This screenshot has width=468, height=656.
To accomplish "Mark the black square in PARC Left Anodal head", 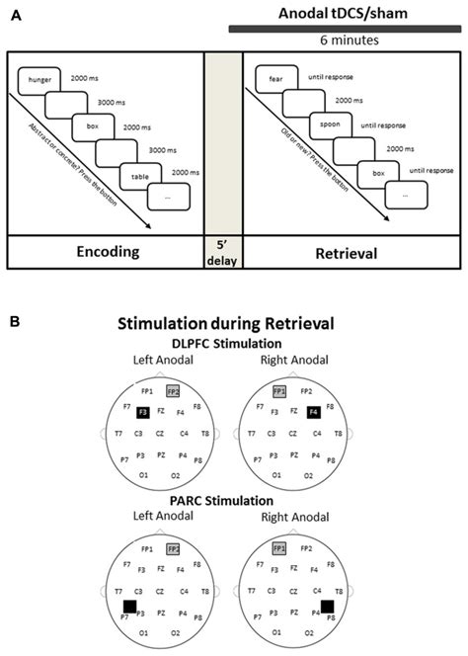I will (x=127, y=606).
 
